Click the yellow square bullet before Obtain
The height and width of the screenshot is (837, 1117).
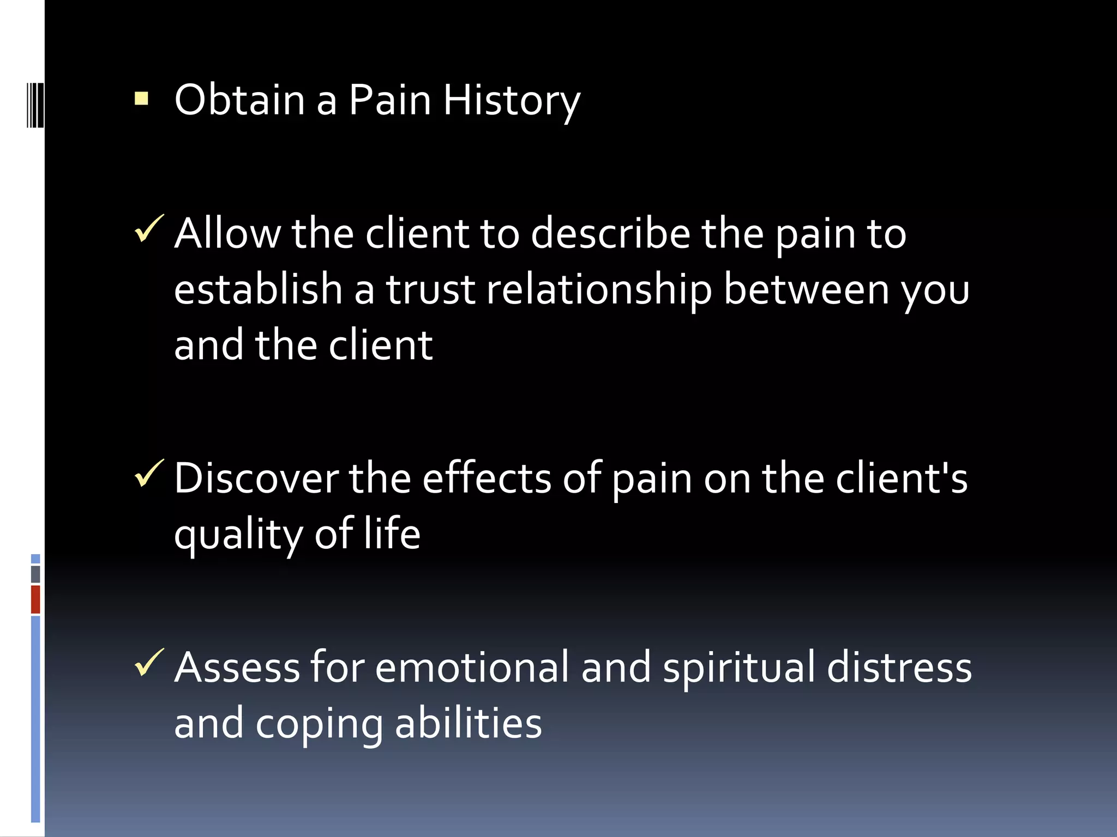point(141,98)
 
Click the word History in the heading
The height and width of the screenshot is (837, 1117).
point(511,101)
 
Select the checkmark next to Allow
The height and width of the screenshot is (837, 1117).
point(148,228)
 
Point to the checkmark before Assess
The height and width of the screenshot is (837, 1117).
point(148,663)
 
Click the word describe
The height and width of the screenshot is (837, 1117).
point(610,234)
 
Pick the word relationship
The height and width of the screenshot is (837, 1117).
point(598,290)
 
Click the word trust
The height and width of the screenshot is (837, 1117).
point(430,290)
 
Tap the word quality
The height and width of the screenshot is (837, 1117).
point(238,536)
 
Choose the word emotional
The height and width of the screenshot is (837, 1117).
point(471,668)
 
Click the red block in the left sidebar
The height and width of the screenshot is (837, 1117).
point(35,599)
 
